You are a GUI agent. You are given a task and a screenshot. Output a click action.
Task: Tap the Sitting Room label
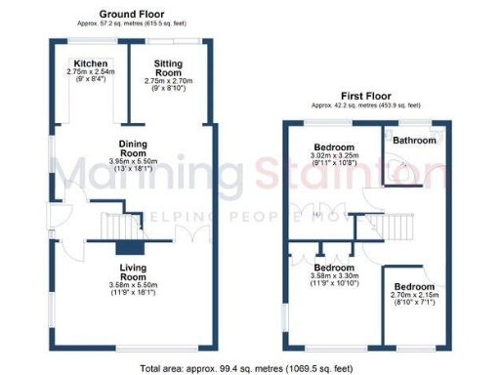[168, 67]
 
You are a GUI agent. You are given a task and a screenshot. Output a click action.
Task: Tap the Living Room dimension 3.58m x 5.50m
[133, 283]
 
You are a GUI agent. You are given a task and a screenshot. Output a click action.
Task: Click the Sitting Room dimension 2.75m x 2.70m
[168, 81]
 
